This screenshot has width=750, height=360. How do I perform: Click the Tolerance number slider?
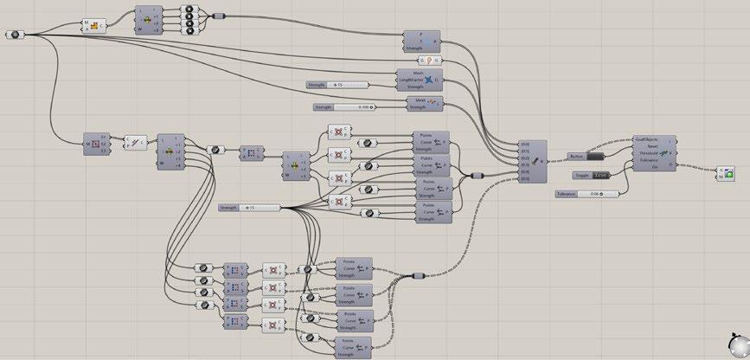coord(587,194)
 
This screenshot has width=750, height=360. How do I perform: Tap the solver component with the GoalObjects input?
coord(654,153)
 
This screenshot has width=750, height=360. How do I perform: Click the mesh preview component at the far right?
coord(727,175)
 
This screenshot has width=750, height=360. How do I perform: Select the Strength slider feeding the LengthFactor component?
coord(337,85)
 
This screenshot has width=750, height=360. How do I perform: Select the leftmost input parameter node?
coord(16,35)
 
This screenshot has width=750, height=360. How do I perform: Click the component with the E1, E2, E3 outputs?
coord(95,143)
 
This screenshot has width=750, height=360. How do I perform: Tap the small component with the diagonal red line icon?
coord(137,143)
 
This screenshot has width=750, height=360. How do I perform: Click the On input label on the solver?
coord(656,167)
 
